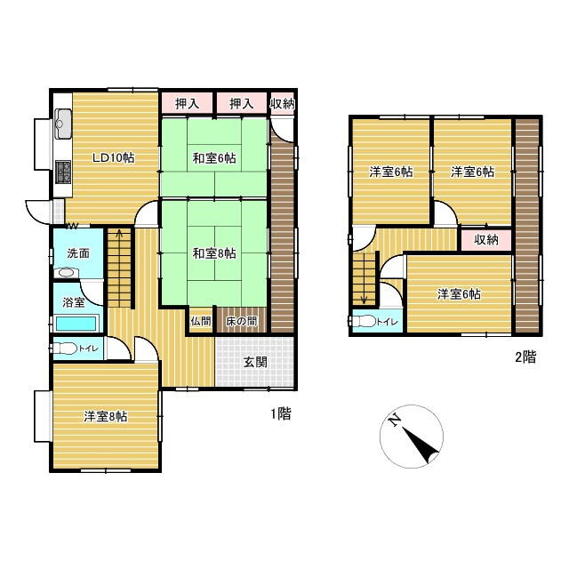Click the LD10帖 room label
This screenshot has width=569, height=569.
114,158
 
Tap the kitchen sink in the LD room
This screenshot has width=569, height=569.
63,124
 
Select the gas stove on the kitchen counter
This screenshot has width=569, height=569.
63,172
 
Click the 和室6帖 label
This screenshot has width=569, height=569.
214,158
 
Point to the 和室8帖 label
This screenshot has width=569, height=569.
214,253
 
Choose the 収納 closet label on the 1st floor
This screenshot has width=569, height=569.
282,104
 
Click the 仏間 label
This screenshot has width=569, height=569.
201,321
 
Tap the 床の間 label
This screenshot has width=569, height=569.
241,321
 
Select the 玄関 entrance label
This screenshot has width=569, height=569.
255,362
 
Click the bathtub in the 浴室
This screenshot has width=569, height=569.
76,324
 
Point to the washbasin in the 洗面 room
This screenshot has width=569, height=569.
66,272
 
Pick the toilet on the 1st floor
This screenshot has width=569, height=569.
65,349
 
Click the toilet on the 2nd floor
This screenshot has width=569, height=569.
364,321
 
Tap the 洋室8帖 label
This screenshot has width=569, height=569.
105,417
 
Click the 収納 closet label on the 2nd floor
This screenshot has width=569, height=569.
486,239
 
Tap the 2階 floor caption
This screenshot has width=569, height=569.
525,357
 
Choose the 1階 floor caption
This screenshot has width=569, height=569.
281,413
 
